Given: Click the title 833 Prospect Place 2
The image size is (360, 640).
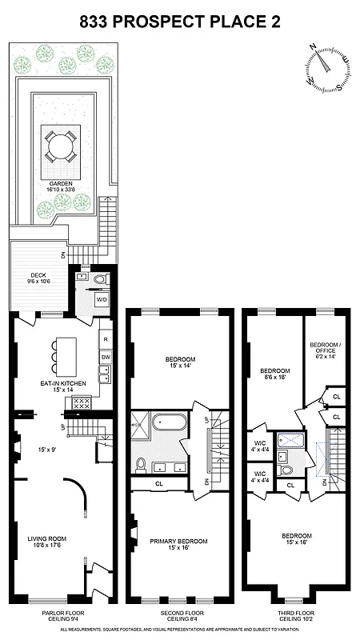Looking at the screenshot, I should (180, 23).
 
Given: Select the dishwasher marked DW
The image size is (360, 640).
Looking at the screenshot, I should (106, 356).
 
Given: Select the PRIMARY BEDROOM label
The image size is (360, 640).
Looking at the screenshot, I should (179, 542).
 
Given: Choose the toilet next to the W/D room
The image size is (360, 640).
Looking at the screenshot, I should (100, 279).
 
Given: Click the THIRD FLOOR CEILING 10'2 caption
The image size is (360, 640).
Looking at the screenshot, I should (298, 616).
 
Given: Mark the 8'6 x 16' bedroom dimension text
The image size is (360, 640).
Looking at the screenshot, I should (274, 380).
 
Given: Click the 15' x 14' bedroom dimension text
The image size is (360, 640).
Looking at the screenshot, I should (179, 366).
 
